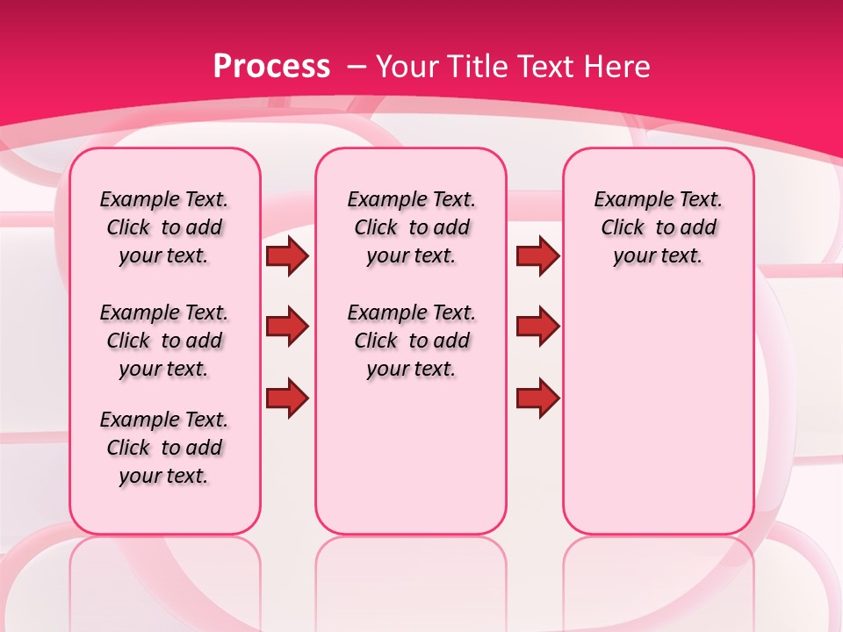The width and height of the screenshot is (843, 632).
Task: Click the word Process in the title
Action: [x=271, y=66]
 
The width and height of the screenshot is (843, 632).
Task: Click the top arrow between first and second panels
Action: [x=287, y=255]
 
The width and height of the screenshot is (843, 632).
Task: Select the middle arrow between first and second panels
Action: [x=287, y=327]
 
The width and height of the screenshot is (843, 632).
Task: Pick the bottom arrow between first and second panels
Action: [x=287, y=399]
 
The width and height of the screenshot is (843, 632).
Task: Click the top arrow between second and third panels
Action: [x=537, y=255]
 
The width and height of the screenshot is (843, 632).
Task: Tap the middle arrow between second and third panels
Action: [x=537, y=327]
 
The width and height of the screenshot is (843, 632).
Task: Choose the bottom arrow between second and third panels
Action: [x=537, y=399]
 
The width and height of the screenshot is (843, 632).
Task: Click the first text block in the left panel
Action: [x=164, y=227]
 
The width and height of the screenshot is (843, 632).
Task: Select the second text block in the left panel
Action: [x=164, y=341]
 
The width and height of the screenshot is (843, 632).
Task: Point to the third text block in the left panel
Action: [x=164, y=448]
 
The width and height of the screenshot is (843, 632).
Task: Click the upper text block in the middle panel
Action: [x=411, y=227]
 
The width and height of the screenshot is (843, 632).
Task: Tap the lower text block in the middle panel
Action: [x=411, y=341]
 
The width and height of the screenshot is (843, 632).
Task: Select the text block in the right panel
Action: [x=658, y=227]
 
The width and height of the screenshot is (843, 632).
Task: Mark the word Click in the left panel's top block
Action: [x=128, y=228]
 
